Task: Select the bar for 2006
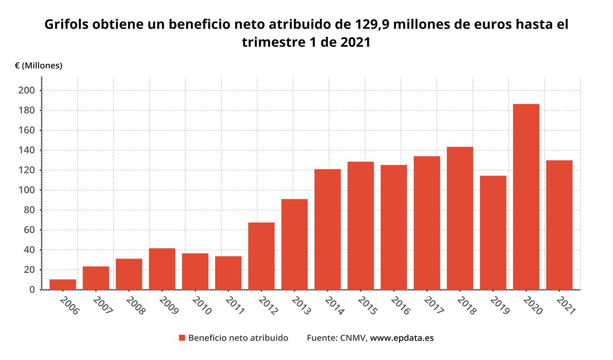click(63, 284)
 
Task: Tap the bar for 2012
click(262, 256)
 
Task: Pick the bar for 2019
click(493, 233)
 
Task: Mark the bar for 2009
click(162, 269)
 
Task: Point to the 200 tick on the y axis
click(27, 90)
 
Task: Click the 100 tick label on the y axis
click(27, 190)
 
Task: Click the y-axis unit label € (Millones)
click(39, 65)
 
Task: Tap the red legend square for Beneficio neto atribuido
click(182, 338)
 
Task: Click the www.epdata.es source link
click(402, 338)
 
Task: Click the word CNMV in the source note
click(352, 338)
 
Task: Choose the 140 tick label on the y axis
click(27, 150)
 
